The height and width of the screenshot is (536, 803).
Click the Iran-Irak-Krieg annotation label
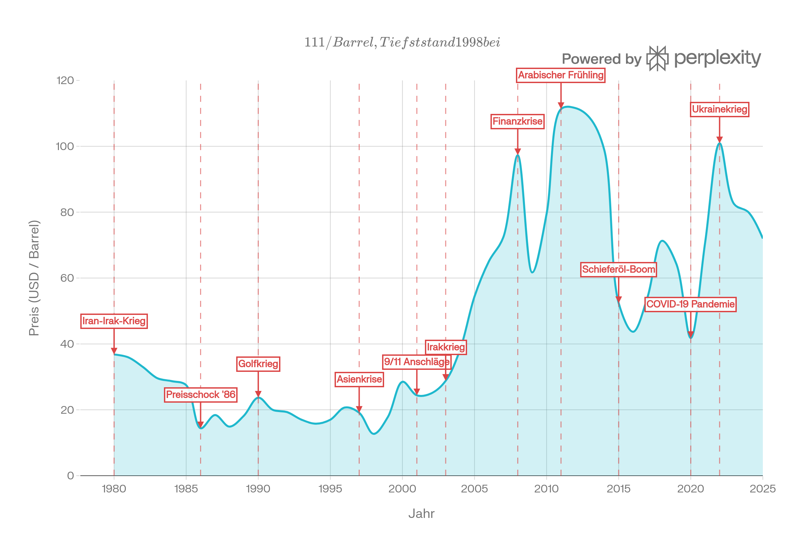point(114,321)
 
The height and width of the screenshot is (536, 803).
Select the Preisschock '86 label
point(200,395)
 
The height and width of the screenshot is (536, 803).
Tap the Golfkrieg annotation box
point(258,364)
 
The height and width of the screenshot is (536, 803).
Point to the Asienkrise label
point(359,380)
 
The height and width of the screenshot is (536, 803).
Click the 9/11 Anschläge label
point(417,362)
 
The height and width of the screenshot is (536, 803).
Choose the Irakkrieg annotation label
point(446,347)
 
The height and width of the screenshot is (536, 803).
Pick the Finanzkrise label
point(517,121)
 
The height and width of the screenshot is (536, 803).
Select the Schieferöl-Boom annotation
point(618,269)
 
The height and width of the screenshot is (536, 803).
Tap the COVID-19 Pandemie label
point(690,304)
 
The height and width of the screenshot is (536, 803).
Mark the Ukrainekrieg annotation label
point(719,110)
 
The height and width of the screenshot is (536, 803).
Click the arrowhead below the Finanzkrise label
point(518,152)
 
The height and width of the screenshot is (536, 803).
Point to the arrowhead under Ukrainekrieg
point(719,139)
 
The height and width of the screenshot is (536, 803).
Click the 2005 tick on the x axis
point(474,489)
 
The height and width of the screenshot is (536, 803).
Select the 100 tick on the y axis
point(65,146)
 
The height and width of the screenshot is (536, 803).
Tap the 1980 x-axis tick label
point(114,489)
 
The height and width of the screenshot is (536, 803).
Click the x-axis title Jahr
point(421,514)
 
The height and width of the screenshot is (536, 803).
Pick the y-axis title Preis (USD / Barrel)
point(34,278)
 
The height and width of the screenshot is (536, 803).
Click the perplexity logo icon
point(657,58)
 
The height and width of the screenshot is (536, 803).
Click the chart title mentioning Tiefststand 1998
point(402,43)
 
